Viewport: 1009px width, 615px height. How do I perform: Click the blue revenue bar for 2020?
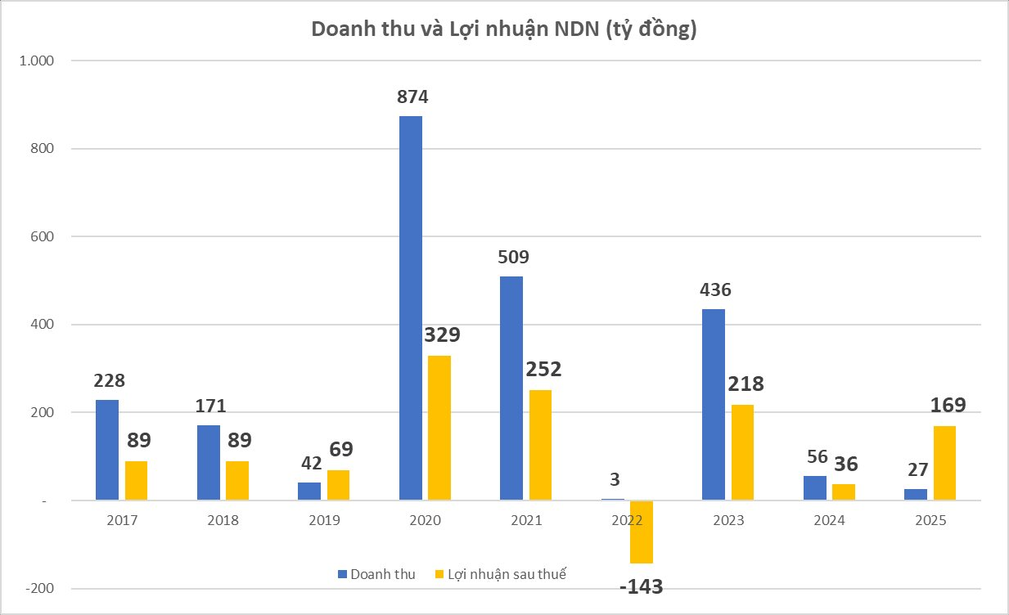point(411,307)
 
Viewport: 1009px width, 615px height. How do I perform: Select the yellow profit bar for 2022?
point(641,532)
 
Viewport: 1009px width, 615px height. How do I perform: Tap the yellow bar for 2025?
point(944,463)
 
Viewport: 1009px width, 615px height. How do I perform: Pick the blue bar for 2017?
point(107,450)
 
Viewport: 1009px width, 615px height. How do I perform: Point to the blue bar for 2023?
point(714,404)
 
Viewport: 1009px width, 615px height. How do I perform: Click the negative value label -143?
point(641,586)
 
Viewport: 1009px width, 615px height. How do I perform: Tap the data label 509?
point(513,257)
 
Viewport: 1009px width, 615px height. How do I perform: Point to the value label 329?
point(443,335)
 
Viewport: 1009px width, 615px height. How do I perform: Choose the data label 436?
point(714,290)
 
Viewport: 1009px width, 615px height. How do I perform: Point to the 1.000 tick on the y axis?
point(36,61)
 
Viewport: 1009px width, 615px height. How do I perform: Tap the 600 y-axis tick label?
point(41,237)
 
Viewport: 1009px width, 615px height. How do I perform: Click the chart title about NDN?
point(503,30)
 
